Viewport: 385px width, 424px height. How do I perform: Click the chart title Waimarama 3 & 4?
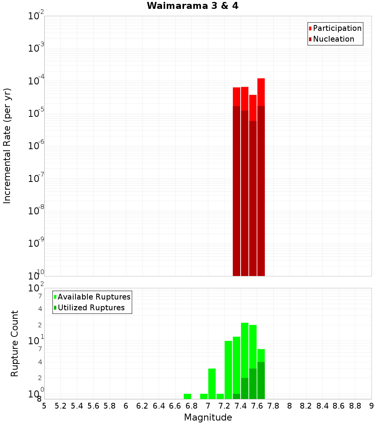(192, 6)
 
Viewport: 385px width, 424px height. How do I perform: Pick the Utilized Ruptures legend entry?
(91, 308)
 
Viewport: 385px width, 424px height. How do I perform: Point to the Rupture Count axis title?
(15, 343)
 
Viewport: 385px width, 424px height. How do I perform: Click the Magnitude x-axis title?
(208, 417)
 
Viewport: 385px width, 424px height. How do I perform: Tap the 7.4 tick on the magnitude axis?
(241, 406)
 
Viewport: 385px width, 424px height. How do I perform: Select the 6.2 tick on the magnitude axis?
(142, 406)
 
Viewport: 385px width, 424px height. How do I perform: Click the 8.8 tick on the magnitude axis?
(355, 406)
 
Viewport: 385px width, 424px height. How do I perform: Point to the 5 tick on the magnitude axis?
(44, 406)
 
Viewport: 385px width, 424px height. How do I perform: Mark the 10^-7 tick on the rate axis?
(36, 179)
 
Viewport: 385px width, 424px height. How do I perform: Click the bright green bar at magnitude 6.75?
(187, 396)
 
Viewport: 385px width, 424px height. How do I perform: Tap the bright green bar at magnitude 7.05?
(212, 384)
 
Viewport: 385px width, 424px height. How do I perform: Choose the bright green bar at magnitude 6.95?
(204, 396)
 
